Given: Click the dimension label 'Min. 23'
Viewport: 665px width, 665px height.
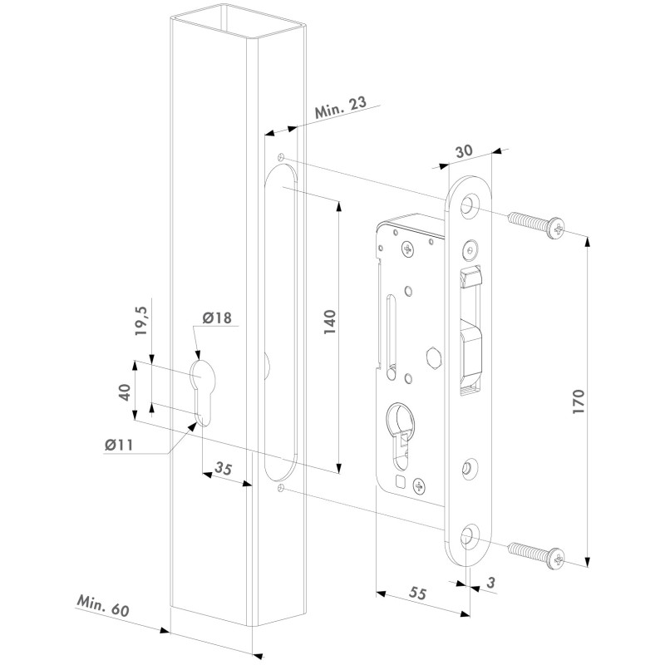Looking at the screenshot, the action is click(340, 108).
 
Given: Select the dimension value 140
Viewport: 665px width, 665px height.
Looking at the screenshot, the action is click(330, 322).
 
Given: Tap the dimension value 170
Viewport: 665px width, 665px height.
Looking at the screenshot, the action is click(579, 401).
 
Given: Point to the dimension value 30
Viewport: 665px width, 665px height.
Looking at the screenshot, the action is click(464, 151).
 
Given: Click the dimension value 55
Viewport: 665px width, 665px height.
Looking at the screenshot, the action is click(418, 594).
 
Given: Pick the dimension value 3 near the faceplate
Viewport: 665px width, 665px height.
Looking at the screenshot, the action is click(490, 583).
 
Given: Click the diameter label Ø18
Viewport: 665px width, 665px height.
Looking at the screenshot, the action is click(217, 318).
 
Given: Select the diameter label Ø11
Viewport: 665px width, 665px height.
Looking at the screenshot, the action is click(119, 445).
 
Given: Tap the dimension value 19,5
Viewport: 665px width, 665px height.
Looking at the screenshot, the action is click(141, 321).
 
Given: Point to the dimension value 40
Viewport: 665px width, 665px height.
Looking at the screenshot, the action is click(125, 392).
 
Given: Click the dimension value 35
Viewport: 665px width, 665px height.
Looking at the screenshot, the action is click(223, 468).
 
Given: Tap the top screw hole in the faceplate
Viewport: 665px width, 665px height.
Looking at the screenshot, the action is click(469, 203).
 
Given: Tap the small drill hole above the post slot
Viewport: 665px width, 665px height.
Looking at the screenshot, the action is click(280, 157).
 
